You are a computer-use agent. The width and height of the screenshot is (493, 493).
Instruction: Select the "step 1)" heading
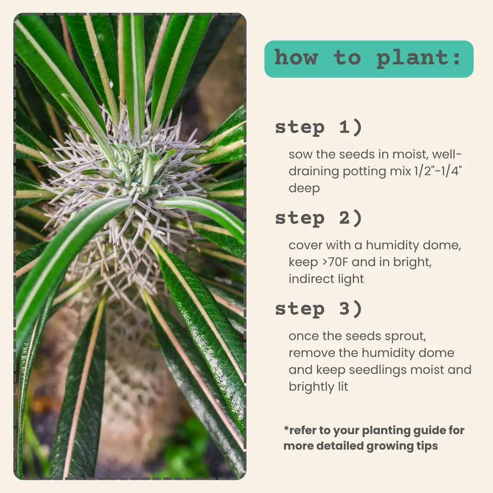pos(319,128)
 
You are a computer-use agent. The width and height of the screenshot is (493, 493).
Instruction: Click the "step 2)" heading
pos(319,218)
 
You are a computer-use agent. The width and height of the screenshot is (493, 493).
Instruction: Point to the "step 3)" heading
pos(319,309)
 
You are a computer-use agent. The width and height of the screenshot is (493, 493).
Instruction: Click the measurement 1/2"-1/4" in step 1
pos(438,171)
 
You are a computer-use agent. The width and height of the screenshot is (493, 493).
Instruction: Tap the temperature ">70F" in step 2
pos(335,262)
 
